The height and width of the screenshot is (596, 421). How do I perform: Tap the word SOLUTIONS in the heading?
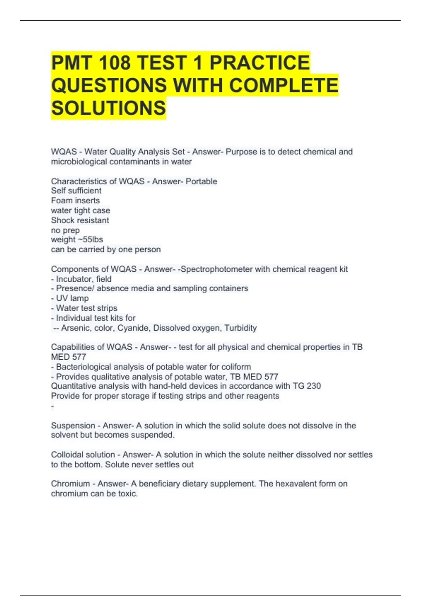[x=108, y=108]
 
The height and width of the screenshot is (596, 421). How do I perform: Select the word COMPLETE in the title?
[x=283, y=85]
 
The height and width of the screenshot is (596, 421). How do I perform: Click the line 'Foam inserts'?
[x=75, y=201]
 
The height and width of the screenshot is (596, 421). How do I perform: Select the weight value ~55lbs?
[x=92, y=239]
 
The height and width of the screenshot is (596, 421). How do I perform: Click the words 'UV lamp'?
[x=72, y=298]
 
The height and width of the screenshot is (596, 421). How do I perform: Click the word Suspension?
[x=73, y=426]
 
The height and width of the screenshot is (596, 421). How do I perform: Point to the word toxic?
[x=128, y=494]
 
